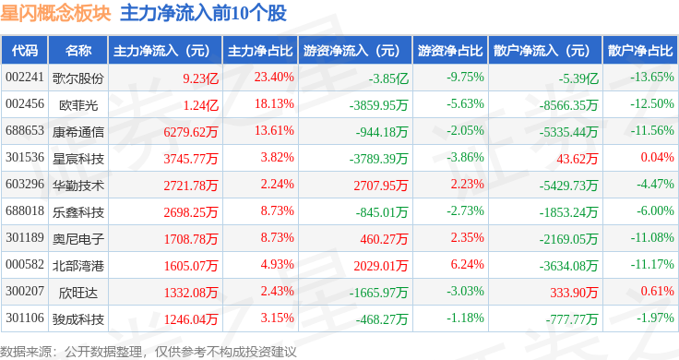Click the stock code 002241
(25, 78)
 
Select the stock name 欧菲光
(78, 105)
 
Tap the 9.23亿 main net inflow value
(200, 78)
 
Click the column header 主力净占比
(260, 51)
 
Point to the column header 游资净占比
(450, 51)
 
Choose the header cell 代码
(25, 51)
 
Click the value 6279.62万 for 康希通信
(191, 132)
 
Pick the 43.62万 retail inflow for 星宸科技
(578, 159)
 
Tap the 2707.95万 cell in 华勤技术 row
(381, 186)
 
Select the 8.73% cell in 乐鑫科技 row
(277, 211)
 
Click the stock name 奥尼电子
(78, 239)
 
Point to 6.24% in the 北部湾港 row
(467, 264)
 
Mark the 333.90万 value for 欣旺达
(574, 293)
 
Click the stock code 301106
(25, 318)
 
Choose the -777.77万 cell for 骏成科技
(572, 319)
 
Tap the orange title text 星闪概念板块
(56, 14)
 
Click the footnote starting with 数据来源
(149, 352)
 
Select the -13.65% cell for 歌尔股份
(651, 78)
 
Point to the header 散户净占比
(640, 51)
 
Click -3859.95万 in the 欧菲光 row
(378, 105)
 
